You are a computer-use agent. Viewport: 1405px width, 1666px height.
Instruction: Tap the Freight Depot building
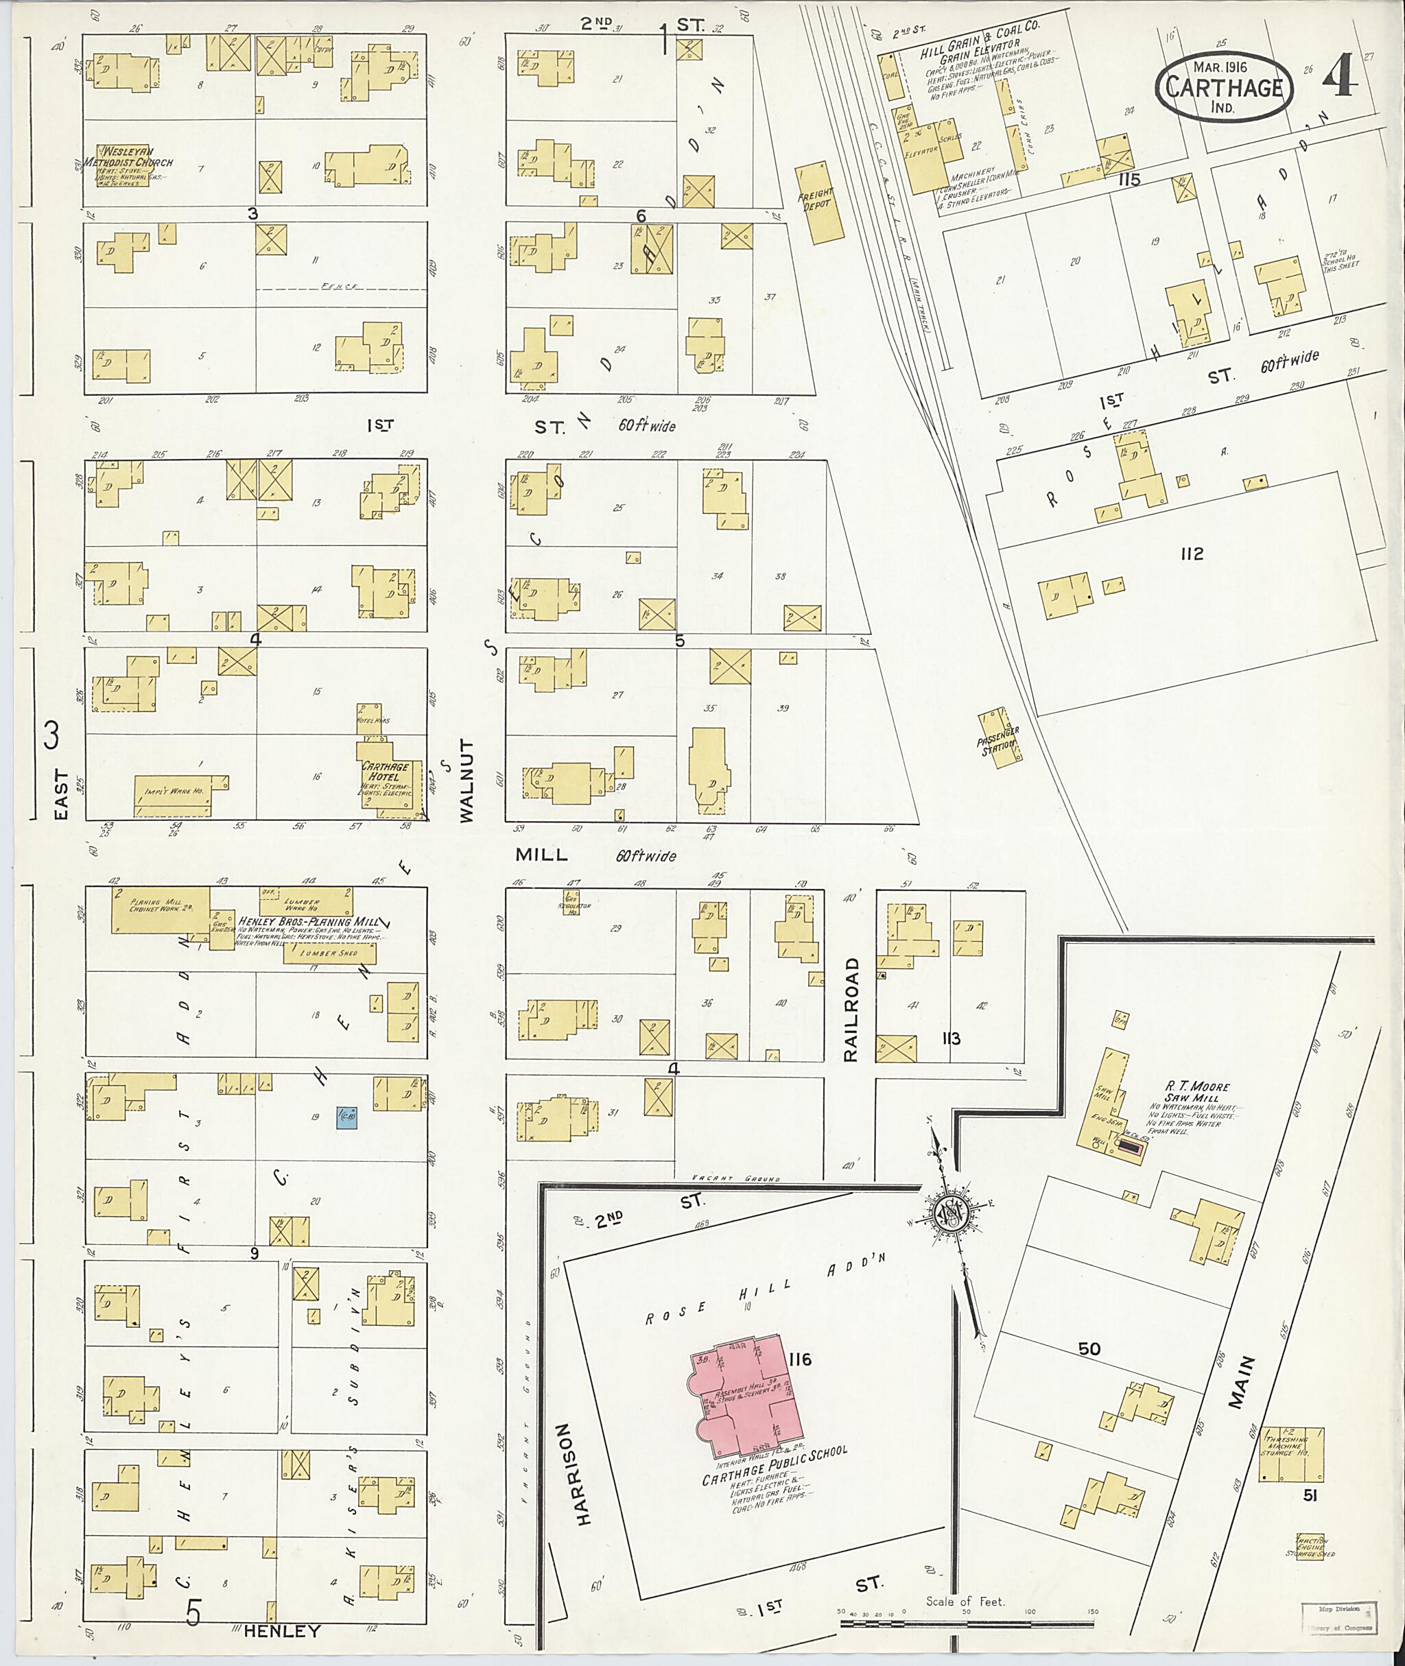(820, 202)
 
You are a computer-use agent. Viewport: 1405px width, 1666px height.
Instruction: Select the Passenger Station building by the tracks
(999, 737)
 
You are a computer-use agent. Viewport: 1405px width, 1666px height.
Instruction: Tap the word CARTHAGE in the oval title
(1223, 88)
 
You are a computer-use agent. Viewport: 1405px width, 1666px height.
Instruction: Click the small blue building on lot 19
(346, 1117)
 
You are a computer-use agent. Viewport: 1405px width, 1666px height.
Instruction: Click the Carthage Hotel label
(386, 771)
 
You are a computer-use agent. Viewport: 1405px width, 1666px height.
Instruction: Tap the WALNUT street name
(467, 781)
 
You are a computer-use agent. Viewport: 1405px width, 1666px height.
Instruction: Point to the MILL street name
(541, 855)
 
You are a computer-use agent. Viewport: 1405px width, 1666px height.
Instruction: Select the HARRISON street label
(584, 1474)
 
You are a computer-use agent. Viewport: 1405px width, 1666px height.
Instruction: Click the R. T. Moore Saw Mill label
(1188, 1092)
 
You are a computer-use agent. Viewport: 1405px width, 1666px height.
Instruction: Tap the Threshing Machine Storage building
(1291, 1454)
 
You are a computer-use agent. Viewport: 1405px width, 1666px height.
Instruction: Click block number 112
(1192, 554)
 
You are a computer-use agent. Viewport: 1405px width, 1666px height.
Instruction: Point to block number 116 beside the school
(801, 1359)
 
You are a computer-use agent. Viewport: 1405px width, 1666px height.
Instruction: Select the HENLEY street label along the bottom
(281, 1631)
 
